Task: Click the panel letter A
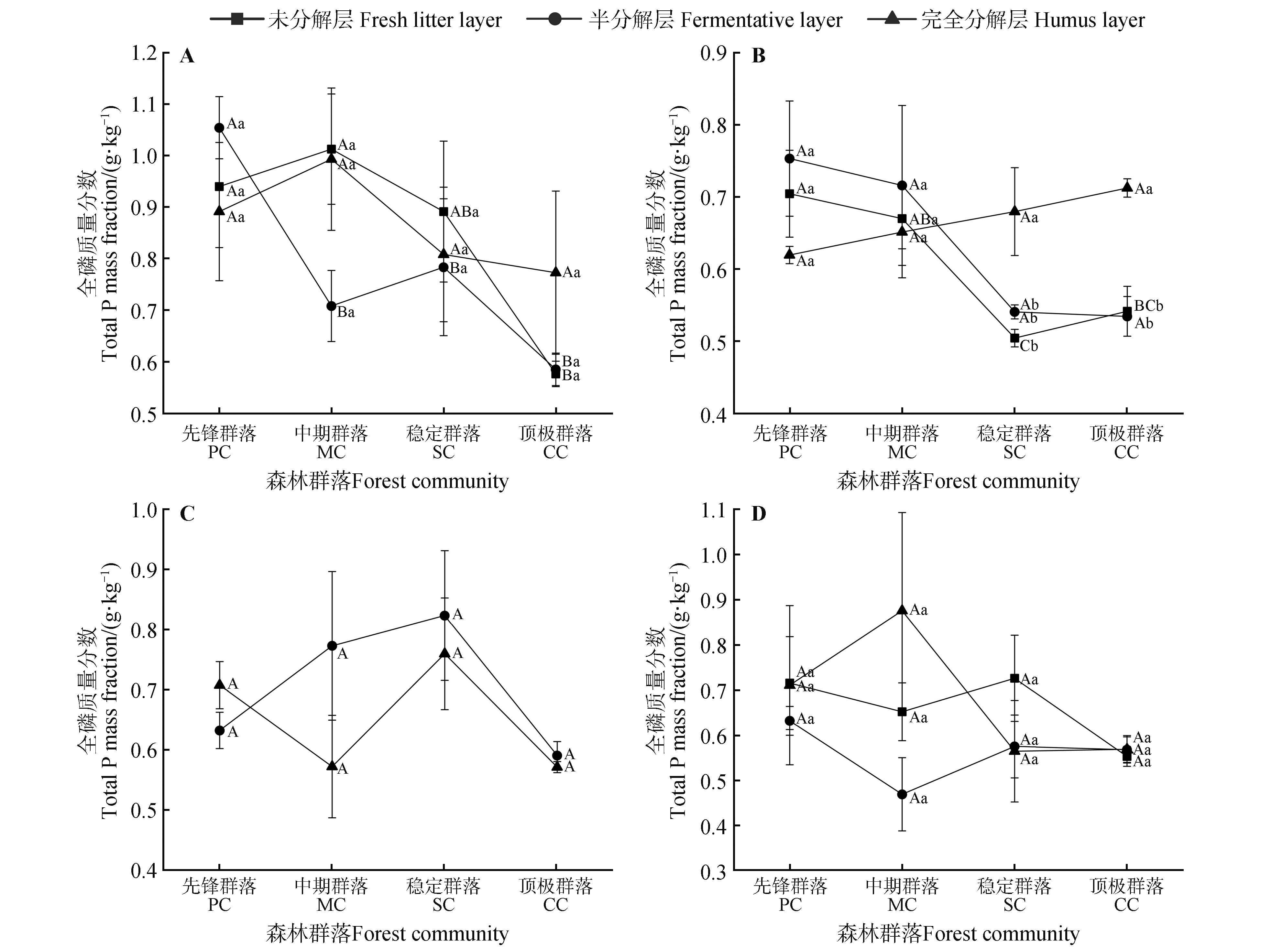click(x=187, y=56)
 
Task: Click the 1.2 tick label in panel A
click(x=144, y=53)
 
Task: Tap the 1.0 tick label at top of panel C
click(x=144, y=510)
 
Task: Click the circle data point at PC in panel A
click(x=219, y=128)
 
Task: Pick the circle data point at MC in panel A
click(x=331, y=306)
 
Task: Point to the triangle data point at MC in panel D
click(x=902, y=610)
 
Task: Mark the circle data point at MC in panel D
click(x=902, y=794)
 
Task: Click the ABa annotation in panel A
click(x=465, y=212)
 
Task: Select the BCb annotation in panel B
click(x=1148, y=306)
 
